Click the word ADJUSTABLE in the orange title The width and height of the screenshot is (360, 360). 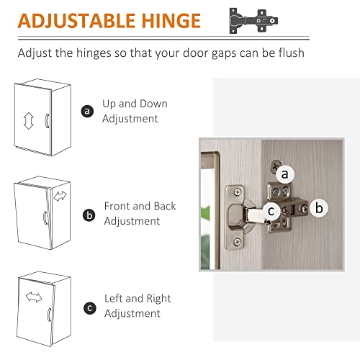pyautogui.click(x=77, y=21)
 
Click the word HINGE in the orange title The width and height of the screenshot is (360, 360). pyautogui.click(x=171, y=21)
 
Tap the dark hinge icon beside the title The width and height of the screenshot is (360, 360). pyautogui.click(x=253, y=21)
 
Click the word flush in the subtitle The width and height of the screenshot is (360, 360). pyautogui.click(x=292, y=53)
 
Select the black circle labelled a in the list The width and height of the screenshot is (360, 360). pyautogui.click(x=87, y=111)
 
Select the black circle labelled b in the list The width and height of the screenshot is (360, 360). pyautogui.click(x=89, y=215)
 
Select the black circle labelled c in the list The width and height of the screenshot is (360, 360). pyautogui.click(x=90, y=308)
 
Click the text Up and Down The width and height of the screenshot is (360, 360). pyautogui.click(x=135, y=104)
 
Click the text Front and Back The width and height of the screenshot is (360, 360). pyautogui.click(x=140, y=206)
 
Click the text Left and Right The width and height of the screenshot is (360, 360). pyautogui.click(x=138, y=299)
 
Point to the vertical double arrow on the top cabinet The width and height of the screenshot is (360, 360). pyautogui.click(x=29, y=121)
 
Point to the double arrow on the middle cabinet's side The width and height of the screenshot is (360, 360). pyautogui.click(x=60, y=196)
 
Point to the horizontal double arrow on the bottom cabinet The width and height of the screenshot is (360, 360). pyautogui.click(x=34, y=297)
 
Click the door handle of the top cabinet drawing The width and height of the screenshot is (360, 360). pyautogui.click(x=48, y=121)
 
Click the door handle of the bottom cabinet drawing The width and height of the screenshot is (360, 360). pyautogui.click(x=50, y=315)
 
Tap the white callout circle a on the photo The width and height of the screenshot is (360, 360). pyautogui.click(x=284, y=174)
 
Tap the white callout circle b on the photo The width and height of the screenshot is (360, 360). pyautogui.click(x=319, y=208)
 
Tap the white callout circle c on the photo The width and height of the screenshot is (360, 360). pyautogui.click(x=271, y=211)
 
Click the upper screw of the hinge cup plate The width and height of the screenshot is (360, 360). pyautogui.click(x=238, y=192)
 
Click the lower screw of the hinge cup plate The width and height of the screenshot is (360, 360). pyautogui.click(x=238, y=242)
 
